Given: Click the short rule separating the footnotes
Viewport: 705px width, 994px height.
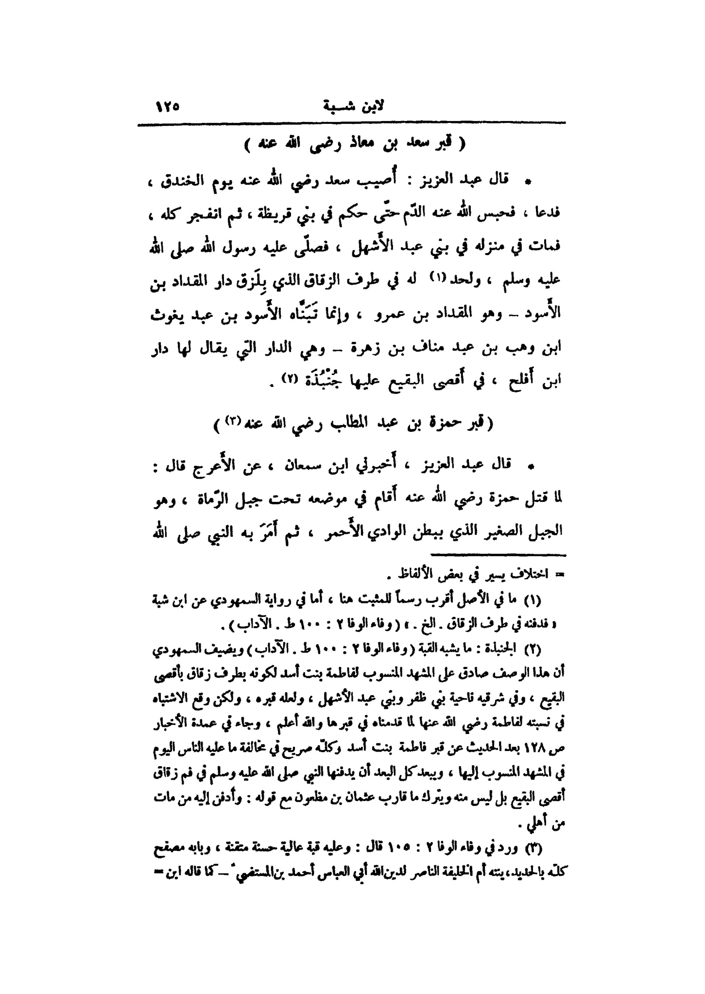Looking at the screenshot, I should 499,554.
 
